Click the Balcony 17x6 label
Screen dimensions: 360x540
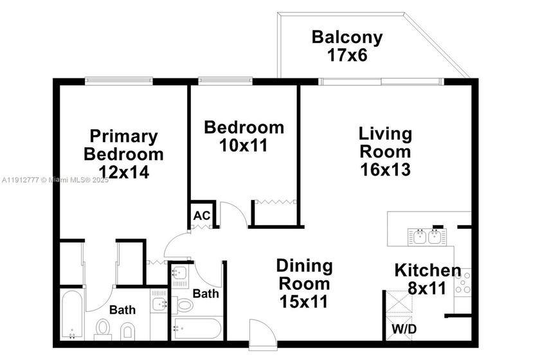pos(347,46)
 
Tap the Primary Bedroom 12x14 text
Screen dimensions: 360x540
pos(123,154)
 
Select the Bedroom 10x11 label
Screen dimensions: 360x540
pos(244,136)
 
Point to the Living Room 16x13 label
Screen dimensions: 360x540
pos(384,152)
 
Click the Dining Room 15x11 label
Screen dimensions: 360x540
pos(304,283)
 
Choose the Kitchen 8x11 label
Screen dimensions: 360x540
pos(427,279)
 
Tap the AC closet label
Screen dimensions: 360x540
pos(202,215)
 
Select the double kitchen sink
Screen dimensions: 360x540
pos(426,237)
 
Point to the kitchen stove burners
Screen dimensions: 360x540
pos(463,282)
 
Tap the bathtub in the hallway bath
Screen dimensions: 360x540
pos(197,328)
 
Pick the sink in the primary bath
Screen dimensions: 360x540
pos(159,303)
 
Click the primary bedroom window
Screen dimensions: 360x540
pos(120,81)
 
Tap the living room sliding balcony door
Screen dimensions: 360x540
pos(381,81)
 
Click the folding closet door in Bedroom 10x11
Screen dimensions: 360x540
pos(275,203)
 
